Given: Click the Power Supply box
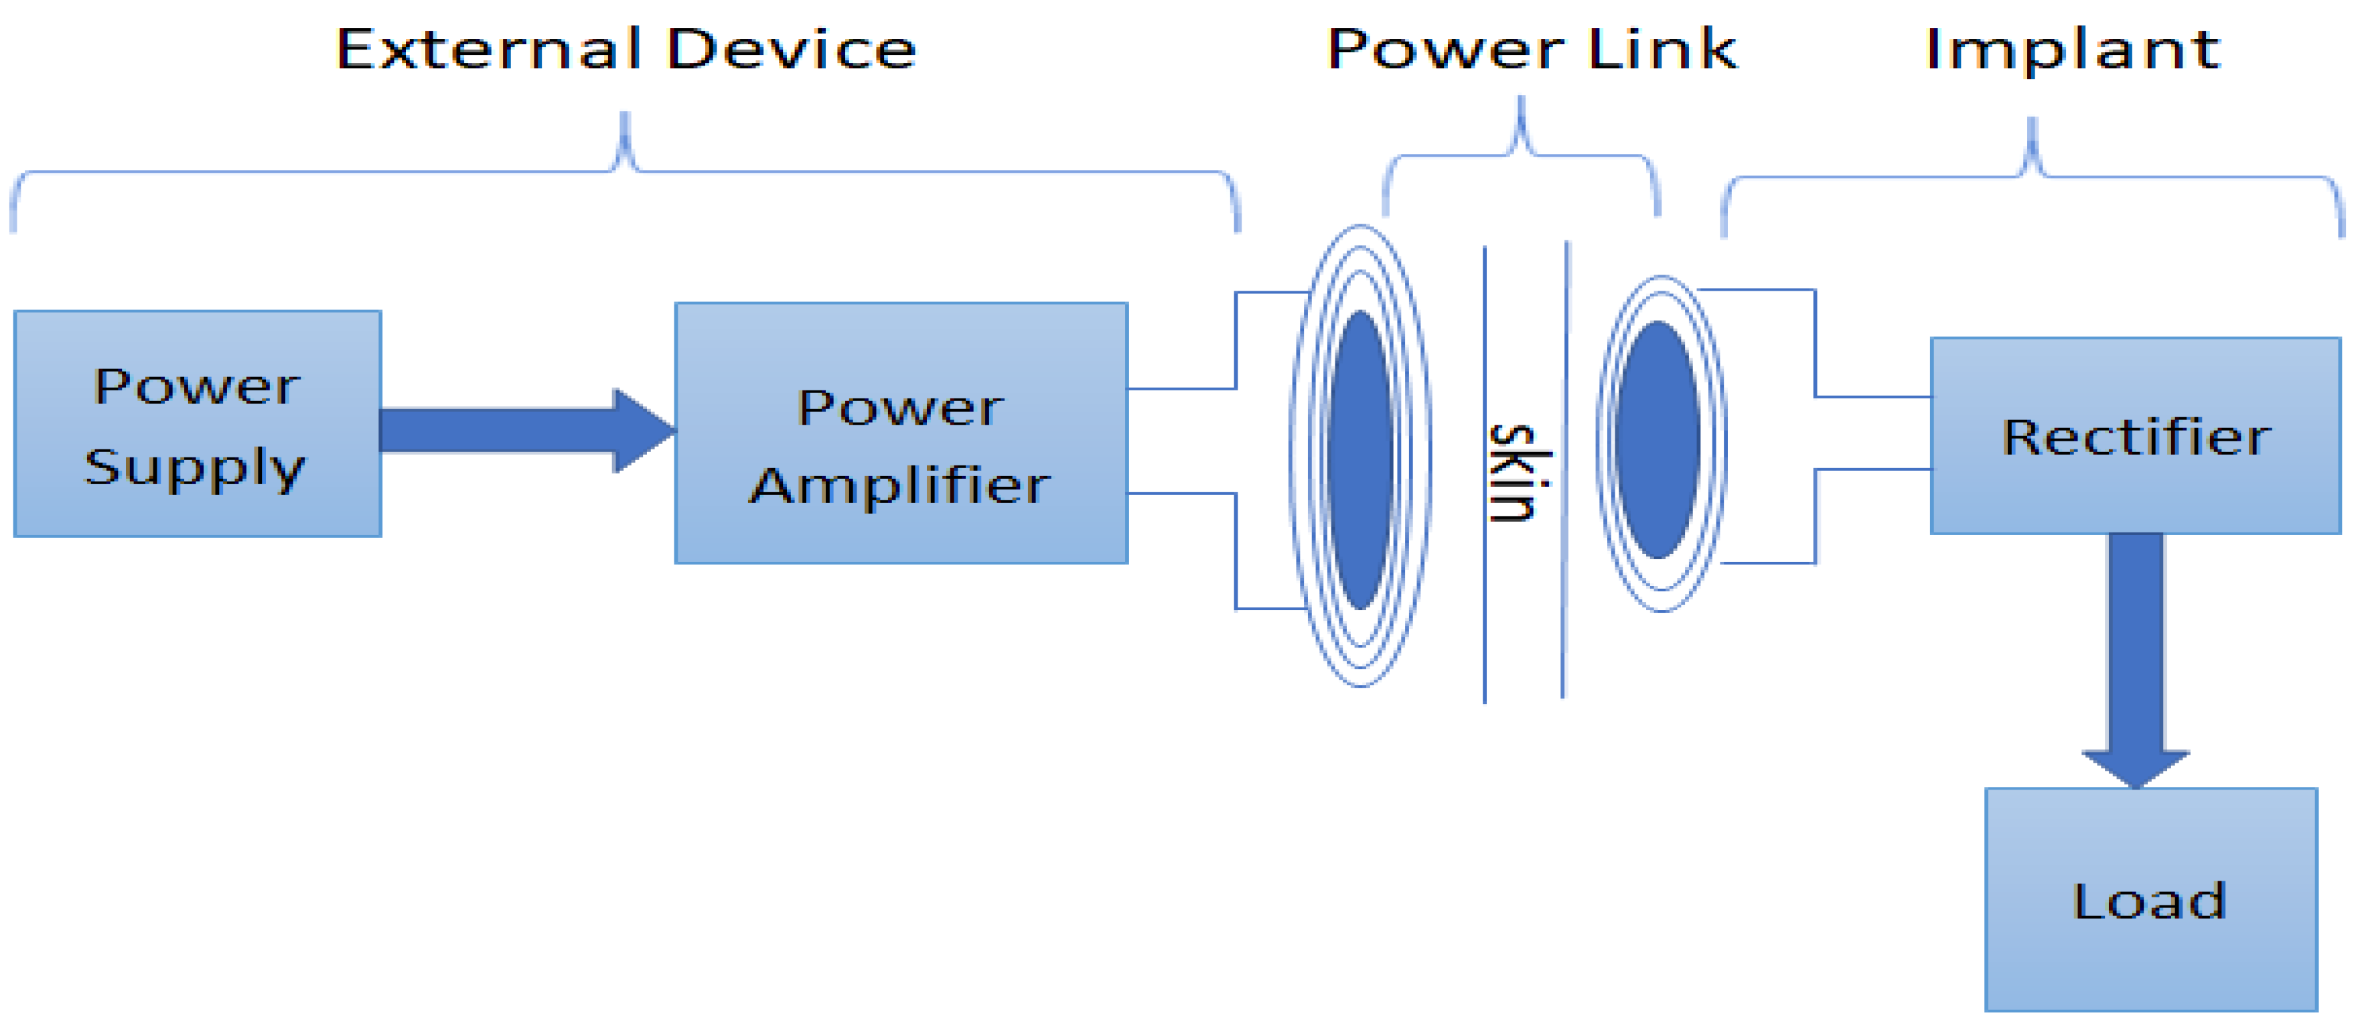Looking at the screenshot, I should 197,424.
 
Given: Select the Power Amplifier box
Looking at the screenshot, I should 900,433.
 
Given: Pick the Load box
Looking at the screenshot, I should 2150,900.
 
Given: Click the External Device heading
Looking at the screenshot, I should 625,50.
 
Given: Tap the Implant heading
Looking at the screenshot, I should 2073,50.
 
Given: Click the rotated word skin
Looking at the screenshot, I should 1519,473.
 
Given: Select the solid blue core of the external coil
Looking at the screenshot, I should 1360,460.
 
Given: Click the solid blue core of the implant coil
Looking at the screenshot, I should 1658,439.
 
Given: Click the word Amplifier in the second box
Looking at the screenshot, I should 900,485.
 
